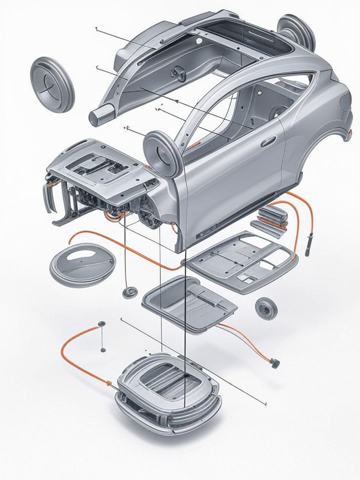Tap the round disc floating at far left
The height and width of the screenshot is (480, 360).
[52, 84]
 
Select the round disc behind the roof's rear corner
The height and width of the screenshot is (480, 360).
[296, 31]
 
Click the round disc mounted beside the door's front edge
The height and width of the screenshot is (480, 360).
[162, 153]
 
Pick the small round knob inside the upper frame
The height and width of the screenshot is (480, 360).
[176, 74]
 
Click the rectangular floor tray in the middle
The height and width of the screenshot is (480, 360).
[189, 302]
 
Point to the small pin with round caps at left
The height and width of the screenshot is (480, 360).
[102, 336]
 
